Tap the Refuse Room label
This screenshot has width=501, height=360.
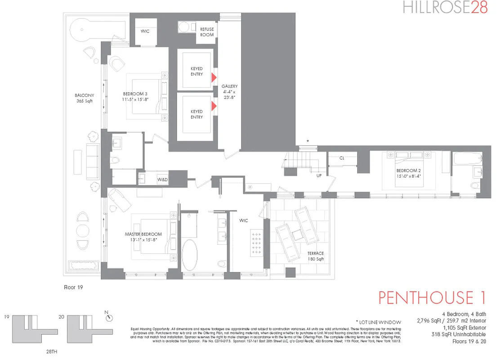[207, 32]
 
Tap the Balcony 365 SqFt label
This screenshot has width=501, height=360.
[84, 99]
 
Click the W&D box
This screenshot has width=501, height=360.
[162, 180]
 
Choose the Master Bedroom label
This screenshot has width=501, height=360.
[143, 237]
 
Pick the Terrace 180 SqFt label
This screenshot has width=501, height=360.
[316, 256]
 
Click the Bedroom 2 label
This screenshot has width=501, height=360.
[408, 173]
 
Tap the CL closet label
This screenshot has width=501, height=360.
[342, 158]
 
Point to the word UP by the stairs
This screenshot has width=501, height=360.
[319, 175]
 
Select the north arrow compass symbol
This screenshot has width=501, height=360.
[109, 318]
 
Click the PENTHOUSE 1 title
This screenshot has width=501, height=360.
[432, 298]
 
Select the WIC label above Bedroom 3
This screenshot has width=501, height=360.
[145, 32]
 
